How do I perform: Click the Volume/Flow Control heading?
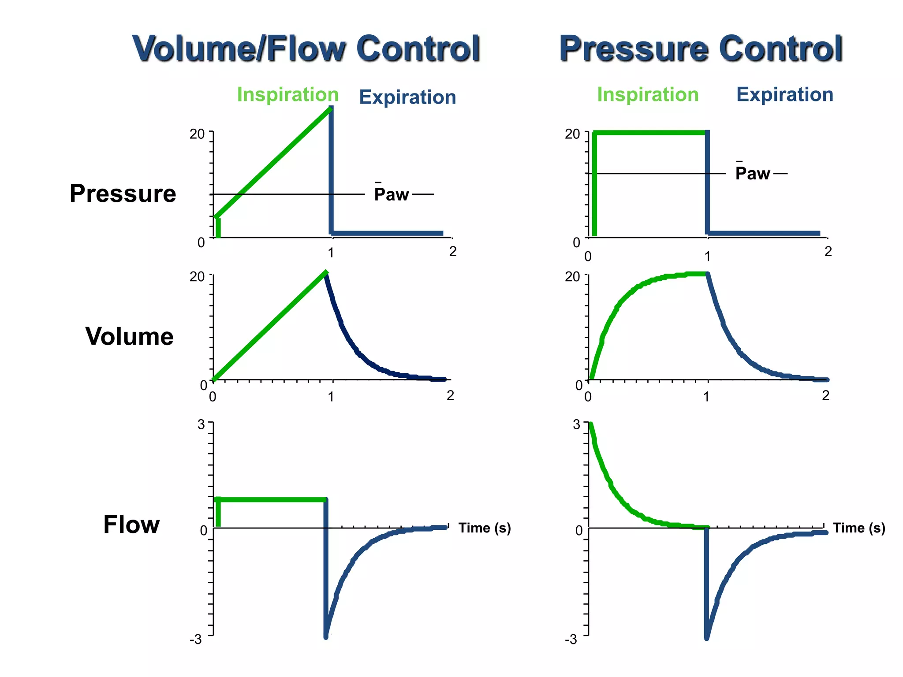(x=306, y=48)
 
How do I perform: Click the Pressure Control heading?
(x=701, y=48)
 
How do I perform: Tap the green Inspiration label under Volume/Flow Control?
(x=287, y=95)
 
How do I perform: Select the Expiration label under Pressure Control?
(x=784, y=95)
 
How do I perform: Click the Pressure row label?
(x=123, y=193)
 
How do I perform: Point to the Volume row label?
(x=129, y=336)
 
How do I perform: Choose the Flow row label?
(x=131, y=524)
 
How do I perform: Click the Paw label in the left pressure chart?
(x=391, y=194)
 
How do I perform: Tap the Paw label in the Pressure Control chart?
(x=752, y=173)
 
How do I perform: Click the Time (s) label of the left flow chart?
(x=484, y=528)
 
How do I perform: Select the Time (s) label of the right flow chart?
(x=858, y=528)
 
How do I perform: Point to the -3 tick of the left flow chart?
(x=196, y=639)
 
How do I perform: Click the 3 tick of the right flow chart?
(x=576, y=424)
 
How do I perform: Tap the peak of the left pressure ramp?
(x=330, y=109)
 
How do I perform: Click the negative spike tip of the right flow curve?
(x=706, y=637)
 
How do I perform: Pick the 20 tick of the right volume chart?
(x=572, y=277)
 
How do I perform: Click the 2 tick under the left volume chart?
(x=450, y=395)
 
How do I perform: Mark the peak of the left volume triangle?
(x=325, y=273)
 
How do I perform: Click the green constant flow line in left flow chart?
(x=271, y=499)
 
